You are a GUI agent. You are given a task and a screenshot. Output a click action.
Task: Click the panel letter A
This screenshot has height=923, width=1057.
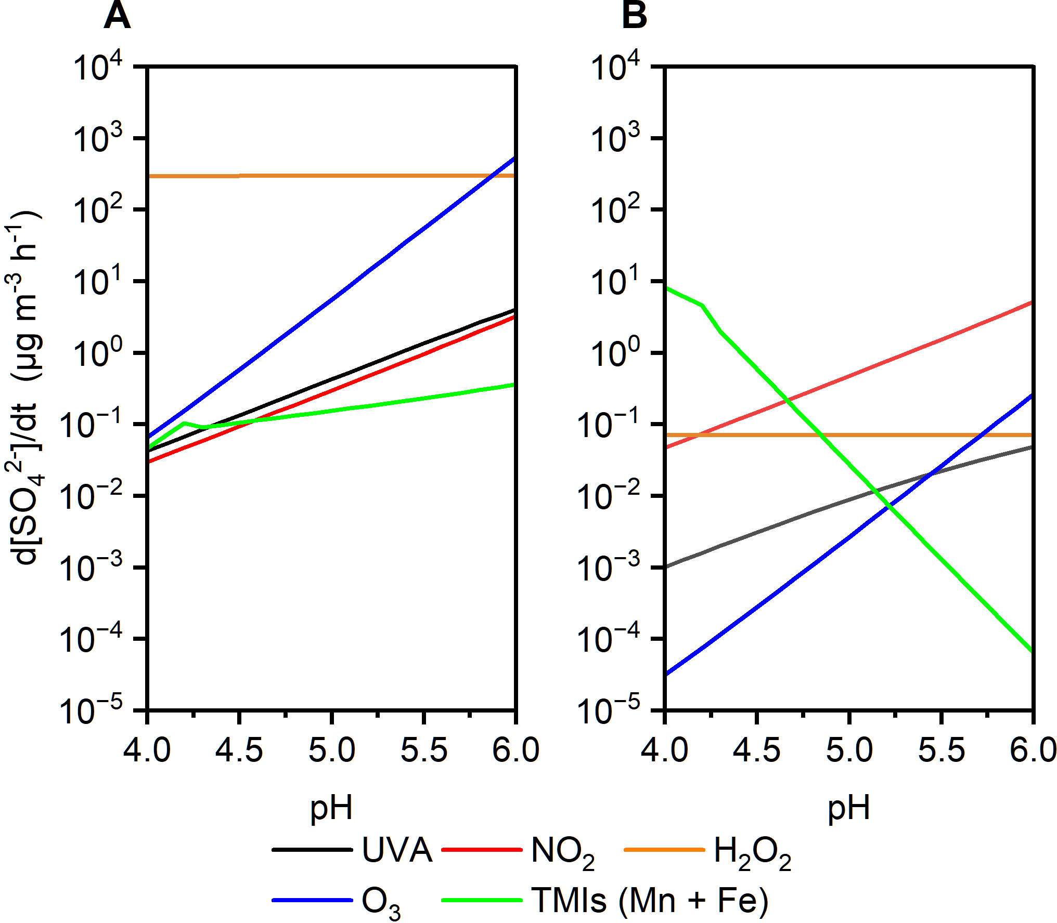[117, 16]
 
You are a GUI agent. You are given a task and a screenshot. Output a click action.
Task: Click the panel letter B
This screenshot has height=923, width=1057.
[634, 16]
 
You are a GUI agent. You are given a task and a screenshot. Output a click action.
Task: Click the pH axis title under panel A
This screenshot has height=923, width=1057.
[331, 808]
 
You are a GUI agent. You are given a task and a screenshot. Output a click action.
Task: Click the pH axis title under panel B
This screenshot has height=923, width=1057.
[849, 808]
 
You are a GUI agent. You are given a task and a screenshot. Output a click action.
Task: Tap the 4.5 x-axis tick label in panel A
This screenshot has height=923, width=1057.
[239, 750]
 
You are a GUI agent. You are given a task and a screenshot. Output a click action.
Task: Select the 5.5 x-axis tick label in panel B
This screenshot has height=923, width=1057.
[941, 750]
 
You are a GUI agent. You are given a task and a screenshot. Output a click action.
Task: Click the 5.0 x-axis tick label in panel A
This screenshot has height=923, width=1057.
[331, 750]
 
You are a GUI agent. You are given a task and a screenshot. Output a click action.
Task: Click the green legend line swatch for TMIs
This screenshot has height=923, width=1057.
[482, 900]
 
